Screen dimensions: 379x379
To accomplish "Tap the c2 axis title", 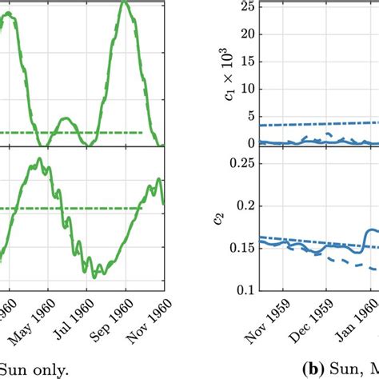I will point(218,218).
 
